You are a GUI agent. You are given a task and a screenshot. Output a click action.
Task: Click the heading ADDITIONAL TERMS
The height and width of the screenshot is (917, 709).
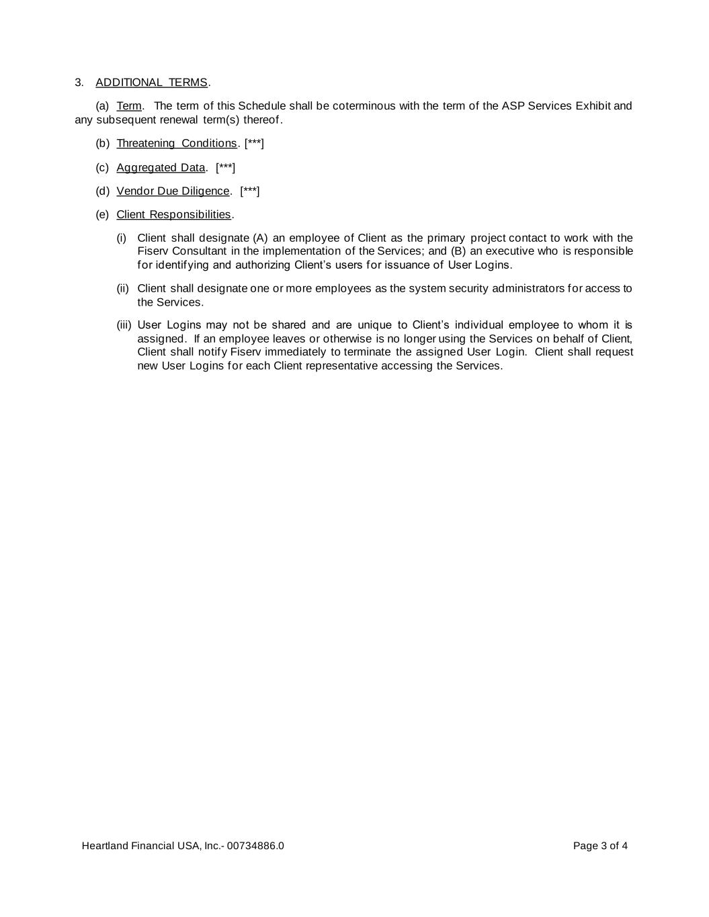coord(151,83)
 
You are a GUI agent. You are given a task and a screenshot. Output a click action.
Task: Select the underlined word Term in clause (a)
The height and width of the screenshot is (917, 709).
coord(129,106)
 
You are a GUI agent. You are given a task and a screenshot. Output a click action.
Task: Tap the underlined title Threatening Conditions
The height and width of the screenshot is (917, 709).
coord(177,143)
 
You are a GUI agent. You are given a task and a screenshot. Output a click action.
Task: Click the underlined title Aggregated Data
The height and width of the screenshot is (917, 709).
coord(161,167)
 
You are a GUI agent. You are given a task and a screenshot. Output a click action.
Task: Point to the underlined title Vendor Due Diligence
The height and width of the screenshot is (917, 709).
coord(173,191)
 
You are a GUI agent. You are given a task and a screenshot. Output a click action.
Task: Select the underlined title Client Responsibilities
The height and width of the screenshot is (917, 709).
coord(173,214)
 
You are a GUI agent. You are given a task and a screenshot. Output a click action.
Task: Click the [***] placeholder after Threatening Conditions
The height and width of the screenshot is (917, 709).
coord(254,143)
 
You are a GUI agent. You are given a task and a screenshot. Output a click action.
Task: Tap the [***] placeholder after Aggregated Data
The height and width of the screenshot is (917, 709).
coord(225,167)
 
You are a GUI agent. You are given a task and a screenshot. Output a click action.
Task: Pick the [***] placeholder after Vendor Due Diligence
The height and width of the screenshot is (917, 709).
coord(249,191)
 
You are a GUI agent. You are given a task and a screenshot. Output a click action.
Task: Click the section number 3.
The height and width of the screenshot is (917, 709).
coord(79,83)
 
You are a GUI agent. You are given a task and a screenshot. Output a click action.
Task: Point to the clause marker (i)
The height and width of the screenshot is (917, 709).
coord(122,238)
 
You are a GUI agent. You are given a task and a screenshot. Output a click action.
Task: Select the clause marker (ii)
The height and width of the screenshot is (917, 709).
coord(122,288)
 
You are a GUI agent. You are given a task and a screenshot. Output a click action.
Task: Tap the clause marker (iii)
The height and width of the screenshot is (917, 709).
coord(124,325)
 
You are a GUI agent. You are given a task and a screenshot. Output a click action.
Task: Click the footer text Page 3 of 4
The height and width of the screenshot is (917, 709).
coord(600,846)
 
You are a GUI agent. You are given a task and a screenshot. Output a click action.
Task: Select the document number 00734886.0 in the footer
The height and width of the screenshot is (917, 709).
coord(255,846)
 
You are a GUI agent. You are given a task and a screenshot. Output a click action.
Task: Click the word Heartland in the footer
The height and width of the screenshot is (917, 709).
coord(103,846)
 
